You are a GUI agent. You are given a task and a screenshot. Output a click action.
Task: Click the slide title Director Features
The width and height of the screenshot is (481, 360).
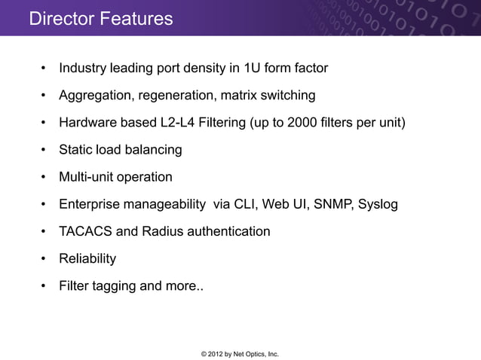click(x=100, y=18)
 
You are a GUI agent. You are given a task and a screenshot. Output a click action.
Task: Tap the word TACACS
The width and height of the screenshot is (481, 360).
click(x=87, y=231)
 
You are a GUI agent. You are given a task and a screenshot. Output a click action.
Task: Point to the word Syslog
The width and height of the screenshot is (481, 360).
click(x=378, y=204)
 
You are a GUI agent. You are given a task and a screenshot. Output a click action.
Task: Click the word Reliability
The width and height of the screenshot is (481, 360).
click(x=87, y=258)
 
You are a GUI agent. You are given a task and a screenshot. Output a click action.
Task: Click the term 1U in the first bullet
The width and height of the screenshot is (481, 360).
click(x=253, y=69)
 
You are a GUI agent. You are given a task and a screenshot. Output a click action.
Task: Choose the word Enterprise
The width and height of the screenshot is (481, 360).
click(x=92, y=204)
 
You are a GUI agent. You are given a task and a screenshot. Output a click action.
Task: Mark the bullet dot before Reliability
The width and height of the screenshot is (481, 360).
click(x=45, y=259)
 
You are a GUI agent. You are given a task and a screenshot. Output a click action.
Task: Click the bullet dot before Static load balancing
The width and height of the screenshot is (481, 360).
click(x=45, y=151)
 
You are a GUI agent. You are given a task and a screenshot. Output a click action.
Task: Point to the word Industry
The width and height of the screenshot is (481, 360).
click(x=83, y=69)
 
